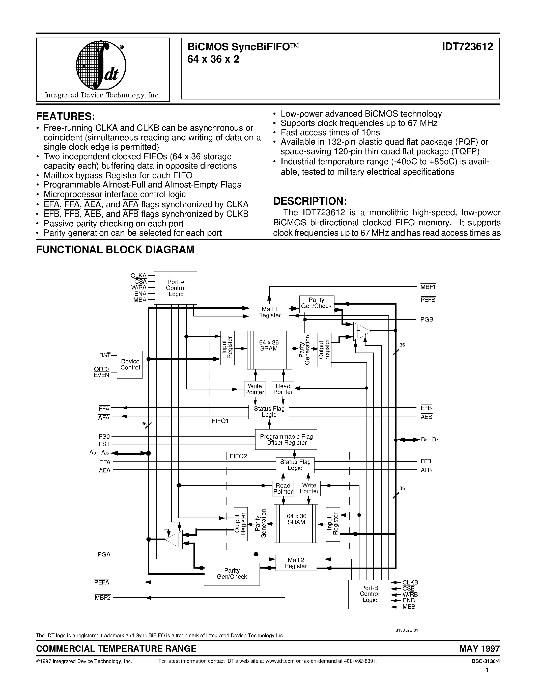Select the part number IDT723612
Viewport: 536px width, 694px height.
coord(467,47)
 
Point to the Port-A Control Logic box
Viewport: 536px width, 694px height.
coord(176,288)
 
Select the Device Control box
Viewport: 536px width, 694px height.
coord(130,364)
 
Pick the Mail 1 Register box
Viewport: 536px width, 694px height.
coord(269,312)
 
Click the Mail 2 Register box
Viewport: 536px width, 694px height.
coord(296,563)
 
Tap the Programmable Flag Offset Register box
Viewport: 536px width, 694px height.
coord(286,439)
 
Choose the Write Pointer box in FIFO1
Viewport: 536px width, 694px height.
coord(255,389)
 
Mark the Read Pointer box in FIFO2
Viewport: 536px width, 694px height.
coord(283,488)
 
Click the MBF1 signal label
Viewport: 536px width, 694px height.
coord(428,287)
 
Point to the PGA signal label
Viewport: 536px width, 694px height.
coord(104,554)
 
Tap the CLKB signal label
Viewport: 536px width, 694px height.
coord(410,582)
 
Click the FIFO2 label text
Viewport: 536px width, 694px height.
coord(238,456)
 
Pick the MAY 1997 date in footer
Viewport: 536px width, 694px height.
coord(479,648)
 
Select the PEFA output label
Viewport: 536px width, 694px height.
coord(102,582)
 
